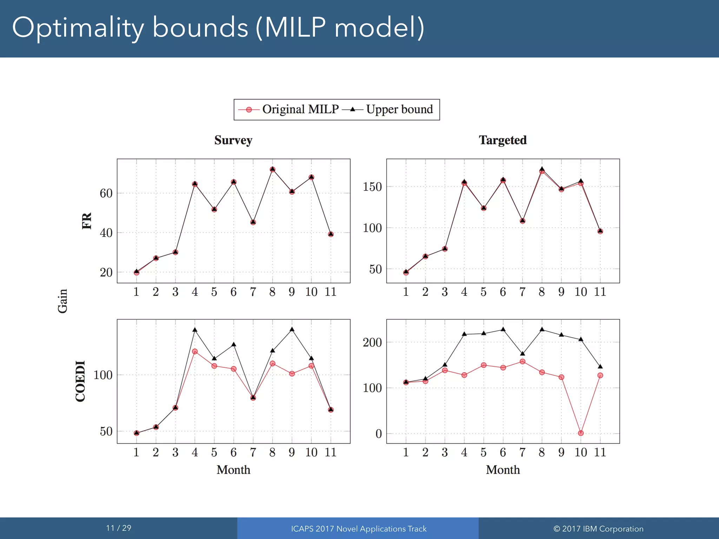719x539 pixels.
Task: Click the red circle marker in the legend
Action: (x=249, y=110)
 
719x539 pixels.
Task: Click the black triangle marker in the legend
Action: (x=352, y=109)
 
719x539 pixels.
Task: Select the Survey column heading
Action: (x=233, y=140)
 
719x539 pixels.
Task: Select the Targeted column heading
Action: (x=502, y=140)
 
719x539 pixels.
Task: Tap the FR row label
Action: (x=87, y=221)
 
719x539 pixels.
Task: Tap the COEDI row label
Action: (x=80, y=381)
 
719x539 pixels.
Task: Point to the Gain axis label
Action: (x=62, y=301)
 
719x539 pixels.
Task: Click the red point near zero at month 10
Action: (x=581, y=433)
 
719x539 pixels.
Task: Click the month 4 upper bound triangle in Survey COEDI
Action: (x=195, y=330)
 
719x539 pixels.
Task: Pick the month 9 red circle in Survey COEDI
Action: (x=292, y=374)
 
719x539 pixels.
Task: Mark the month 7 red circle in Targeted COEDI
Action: (x=522, y=361)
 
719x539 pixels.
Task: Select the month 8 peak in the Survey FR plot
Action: (x=272, y=169)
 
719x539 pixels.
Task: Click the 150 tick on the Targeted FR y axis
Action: (x=372, y=187)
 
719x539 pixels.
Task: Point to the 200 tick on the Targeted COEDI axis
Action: (x=372, y=342)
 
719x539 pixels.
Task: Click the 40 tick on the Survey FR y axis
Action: (x=106, y=233)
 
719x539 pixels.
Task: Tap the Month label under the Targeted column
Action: (x=502, y=470)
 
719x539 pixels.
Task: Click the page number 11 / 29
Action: (x=119, y=528)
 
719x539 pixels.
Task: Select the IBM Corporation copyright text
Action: (x=598, y=529)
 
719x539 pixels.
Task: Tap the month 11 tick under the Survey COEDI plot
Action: (x=330, y=452)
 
